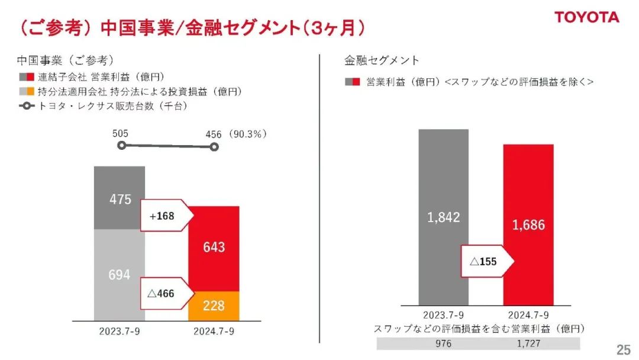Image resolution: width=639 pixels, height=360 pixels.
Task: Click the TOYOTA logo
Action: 586,17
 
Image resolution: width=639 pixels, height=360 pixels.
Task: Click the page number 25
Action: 623,350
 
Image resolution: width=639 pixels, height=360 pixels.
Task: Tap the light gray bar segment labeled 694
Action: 120,274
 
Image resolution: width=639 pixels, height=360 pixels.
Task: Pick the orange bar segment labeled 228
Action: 214,306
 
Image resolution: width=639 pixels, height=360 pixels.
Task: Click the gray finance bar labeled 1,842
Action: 443,217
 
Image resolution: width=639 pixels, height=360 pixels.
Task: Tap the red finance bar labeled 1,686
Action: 528,224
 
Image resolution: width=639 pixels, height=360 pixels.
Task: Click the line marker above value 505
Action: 121,145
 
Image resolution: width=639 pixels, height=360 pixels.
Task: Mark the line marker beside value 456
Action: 214,147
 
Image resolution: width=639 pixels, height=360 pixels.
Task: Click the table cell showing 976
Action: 443,343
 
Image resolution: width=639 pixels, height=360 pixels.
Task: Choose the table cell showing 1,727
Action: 528,343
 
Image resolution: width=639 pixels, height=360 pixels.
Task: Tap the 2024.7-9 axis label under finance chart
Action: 528,314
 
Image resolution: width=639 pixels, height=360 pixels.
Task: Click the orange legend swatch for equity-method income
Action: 30,92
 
